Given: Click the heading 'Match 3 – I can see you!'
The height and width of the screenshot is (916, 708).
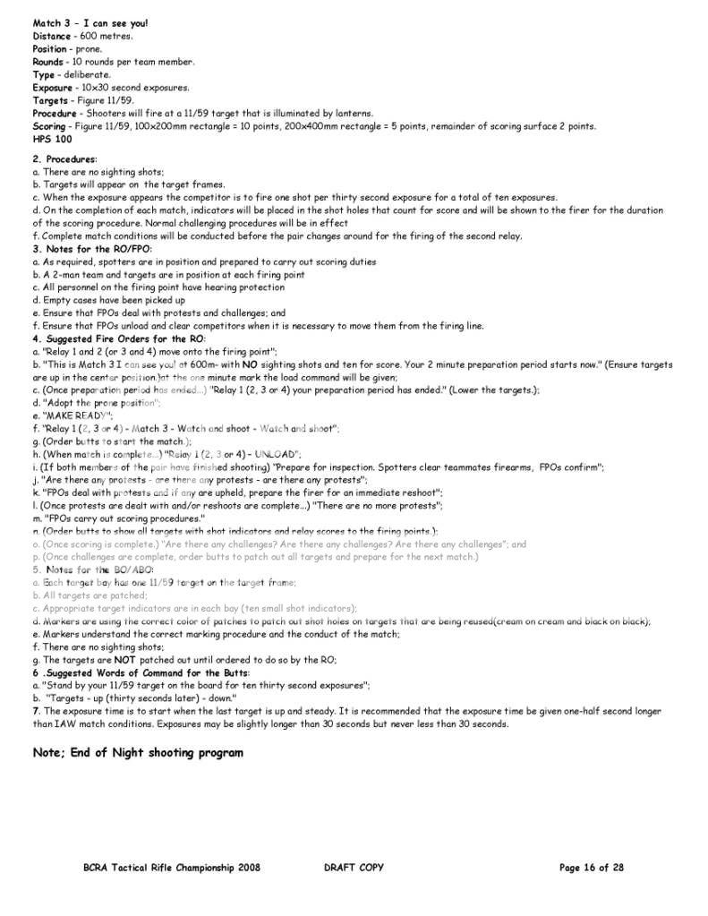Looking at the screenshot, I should (x=90, y=22).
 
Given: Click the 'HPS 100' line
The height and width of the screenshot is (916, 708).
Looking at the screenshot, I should (x=52, y=139).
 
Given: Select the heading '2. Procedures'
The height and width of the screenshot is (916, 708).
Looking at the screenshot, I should (x=64, y=158).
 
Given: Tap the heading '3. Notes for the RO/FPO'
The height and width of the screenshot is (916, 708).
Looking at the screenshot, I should (x=91, y=248).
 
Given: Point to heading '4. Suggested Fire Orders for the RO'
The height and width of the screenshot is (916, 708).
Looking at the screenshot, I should (x=119, y=338).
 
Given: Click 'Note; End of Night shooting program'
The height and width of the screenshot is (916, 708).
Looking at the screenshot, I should (x=138, y=752).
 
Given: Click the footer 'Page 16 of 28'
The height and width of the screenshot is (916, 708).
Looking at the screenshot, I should (x=591, y=867).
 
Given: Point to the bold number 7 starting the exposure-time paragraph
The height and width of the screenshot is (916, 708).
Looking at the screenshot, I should (x=36, y=711).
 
